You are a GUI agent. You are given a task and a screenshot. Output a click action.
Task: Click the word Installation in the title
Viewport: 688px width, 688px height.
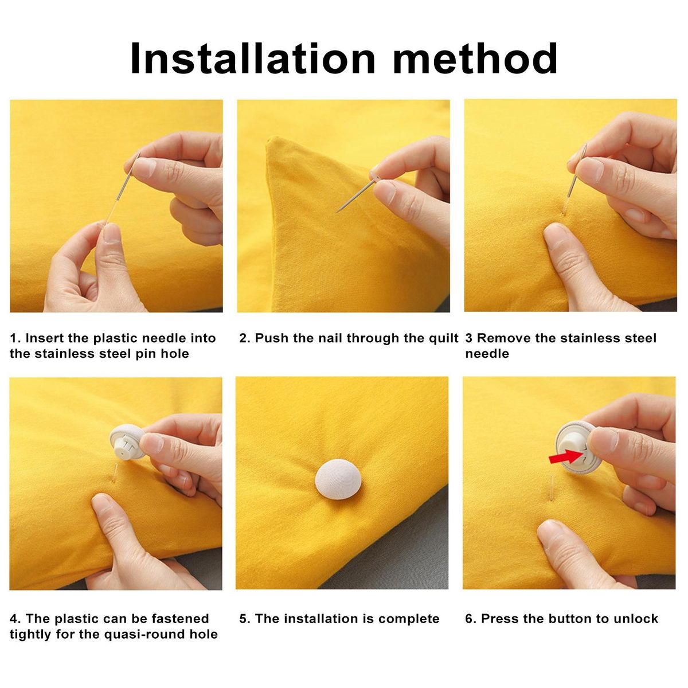[x=253, y=58]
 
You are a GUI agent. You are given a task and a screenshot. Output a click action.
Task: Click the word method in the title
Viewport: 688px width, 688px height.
[x=475, y=58]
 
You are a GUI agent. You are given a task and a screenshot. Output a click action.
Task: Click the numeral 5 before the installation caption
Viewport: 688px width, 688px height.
[x=243, y=619]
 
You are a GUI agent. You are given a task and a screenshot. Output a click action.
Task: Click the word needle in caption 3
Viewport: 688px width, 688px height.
[x=487, y=354]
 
